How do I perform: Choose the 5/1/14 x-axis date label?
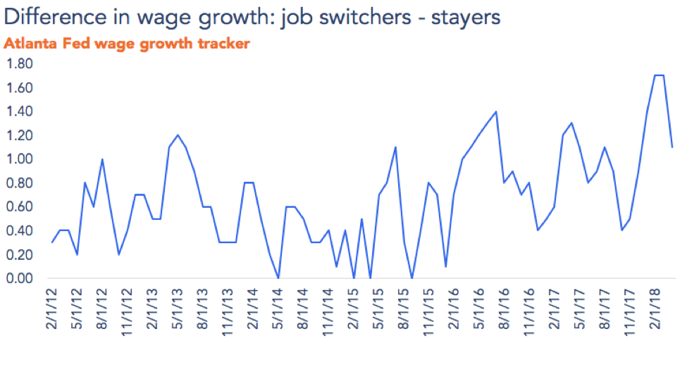278,310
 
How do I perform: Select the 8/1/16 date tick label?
501,310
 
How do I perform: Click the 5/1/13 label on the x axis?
178,310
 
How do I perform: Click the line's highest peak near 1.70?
660,75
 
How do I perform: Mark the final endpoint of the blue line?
672,147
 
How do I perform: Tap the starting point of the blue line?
52,242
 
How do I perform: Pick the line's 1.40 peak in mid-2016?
496,111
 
